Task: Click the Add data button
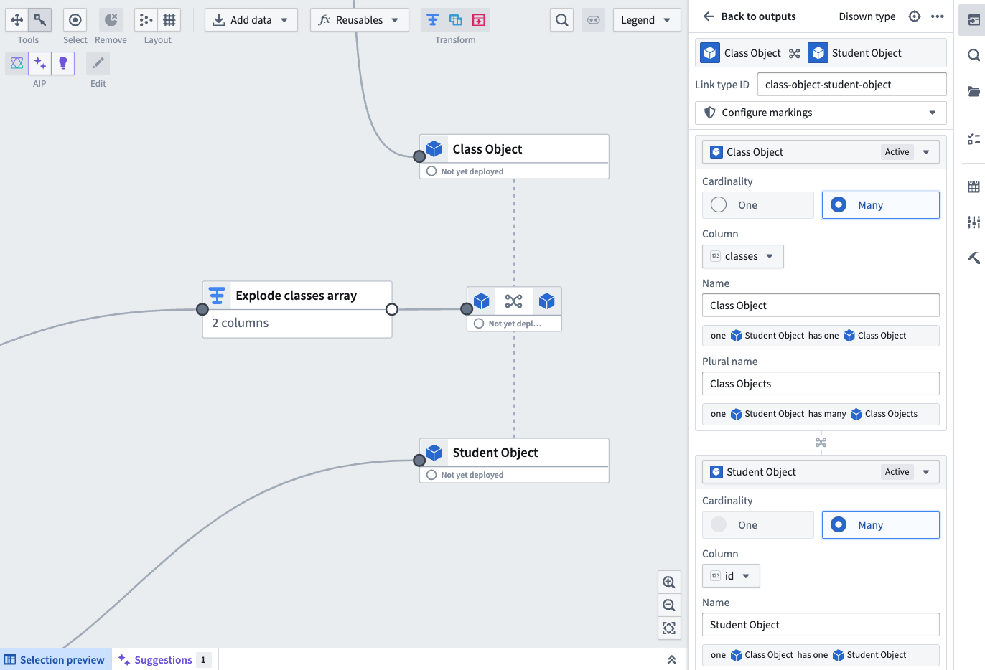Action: (251, 20)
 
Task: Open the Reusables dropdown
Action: (359, 20)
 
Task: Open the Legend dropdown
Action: (646, 20)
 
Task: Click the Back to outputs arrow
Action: (709, 16)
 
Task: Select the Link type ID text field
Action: (851, 85)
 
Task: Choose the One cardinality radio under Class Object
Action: (719, 204)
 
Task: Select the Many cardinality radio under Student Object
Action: (839, 524)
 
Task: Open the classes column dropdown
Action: (743, 256)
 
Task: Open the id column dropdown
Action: (731, 576)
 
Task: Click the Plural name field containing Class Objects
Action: (821, 384)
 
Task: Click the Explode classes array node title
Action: (296, 296)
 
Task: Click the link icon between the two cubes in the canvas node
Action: (513, 301)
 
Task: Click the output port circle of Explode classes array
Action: (392, 309)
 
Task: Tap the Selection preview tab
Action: (55, 659)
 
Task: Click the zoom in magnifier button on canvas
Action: (669, 582)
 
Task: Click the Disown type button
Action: (867, 16)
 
